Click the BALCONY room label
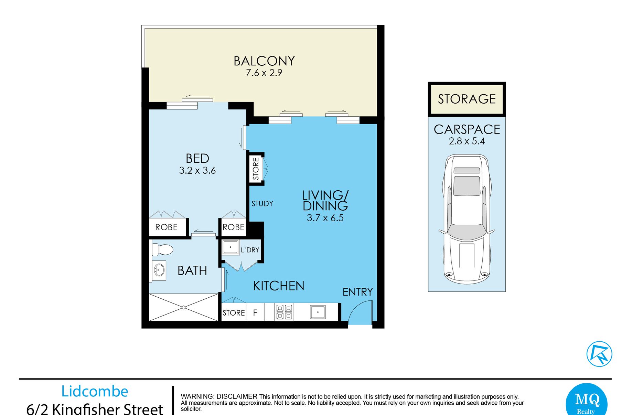pyautogui.click(x=264, y=61)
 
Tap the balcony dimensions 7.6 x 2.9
pyautogui.click(x=264, y=73)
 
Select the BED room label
pyautogui.click(x=197, y=159)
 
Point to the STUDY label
pyautogui.click(x=262, y=204)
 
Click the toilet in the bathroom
pyautogui.click(x=162, y=249)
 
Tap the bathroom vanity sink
pyautogui.click(x=159, y=270)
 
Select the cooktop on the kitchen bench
pyautogui.click(x=284, y=312)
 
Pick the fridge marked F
pyautogui.click(x=255, y=312)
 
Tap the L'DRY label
pyautogui.click(x=250, y=250)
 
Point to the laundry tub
pyautogui.click(x=230, y=247)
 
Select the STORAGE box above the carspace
pyautogui.click(x=467, y=99)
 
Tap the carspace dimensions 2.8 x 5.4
pyautogui.click(x=467, y=141)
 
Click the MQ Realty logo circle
pyautogui.click(x=587, y=400)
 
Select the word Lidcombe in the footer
pyautogui.click(x=95, y=392)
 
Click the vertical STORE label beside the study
pyautogui.click(x=256, y=169)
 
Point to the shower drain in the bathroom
pyautogui.click(x=184, y=307)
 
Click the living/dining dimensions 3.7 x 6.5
pyautogui.click(x=325, y=218)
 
